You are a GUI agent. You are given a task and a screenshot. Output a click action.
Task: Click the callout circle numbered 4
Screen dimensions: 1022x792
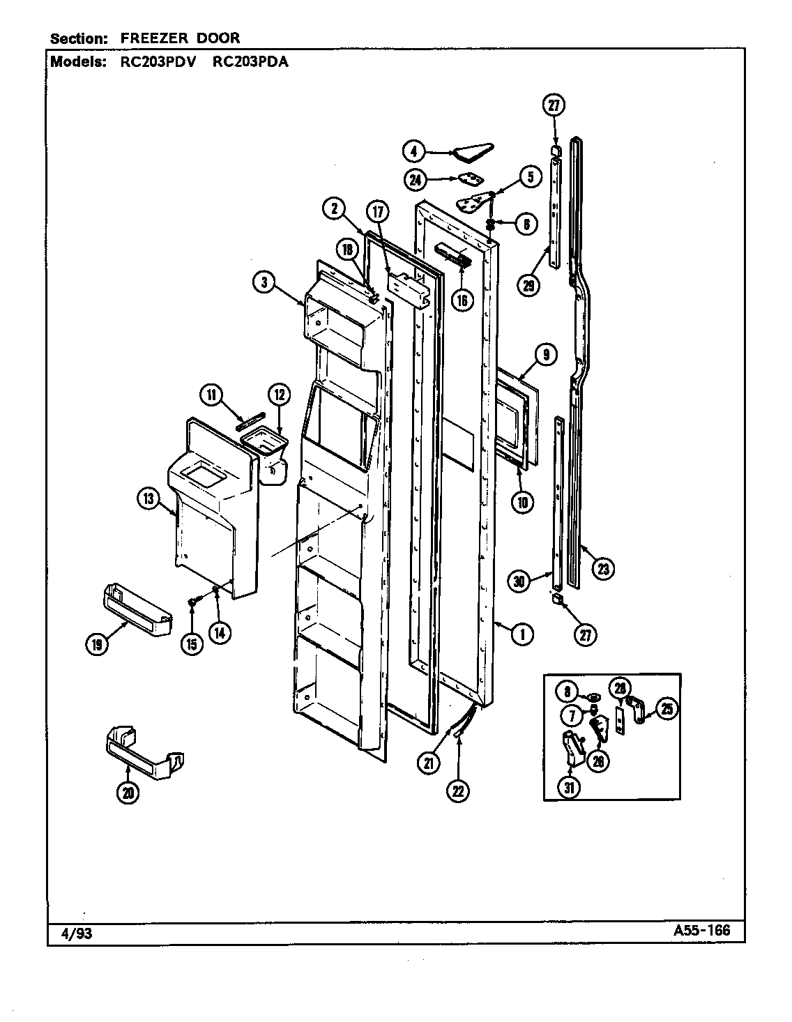pyautogui.click(x=414, y=151)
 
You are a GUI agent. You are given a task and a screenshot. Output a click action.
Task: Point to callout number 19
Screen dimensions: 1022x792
pyautogui.click(x=96, y=645)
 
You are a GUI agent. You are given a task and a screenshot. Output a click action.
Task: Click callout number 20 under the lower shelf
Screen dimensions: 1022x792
pyautogui.click(x=127, y=793)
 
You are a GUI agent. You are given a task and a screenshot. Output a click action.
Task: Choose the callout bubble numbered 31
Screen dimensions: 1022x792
pyautogui.click(x=570, y=787)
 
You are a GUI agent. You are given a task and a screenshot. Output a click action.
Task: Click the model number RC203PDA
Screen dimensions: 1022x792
pyautogui.click(x=249, y=61)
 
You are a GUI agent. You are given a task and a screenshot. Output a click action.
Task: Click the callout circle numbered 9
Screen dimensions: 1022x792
pyautogui.click(x=544, y=355)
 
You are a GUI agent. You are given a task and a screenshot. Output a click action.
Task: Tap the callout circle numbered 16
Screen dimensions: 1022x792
pyautogui.click(x=462, y=299)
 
